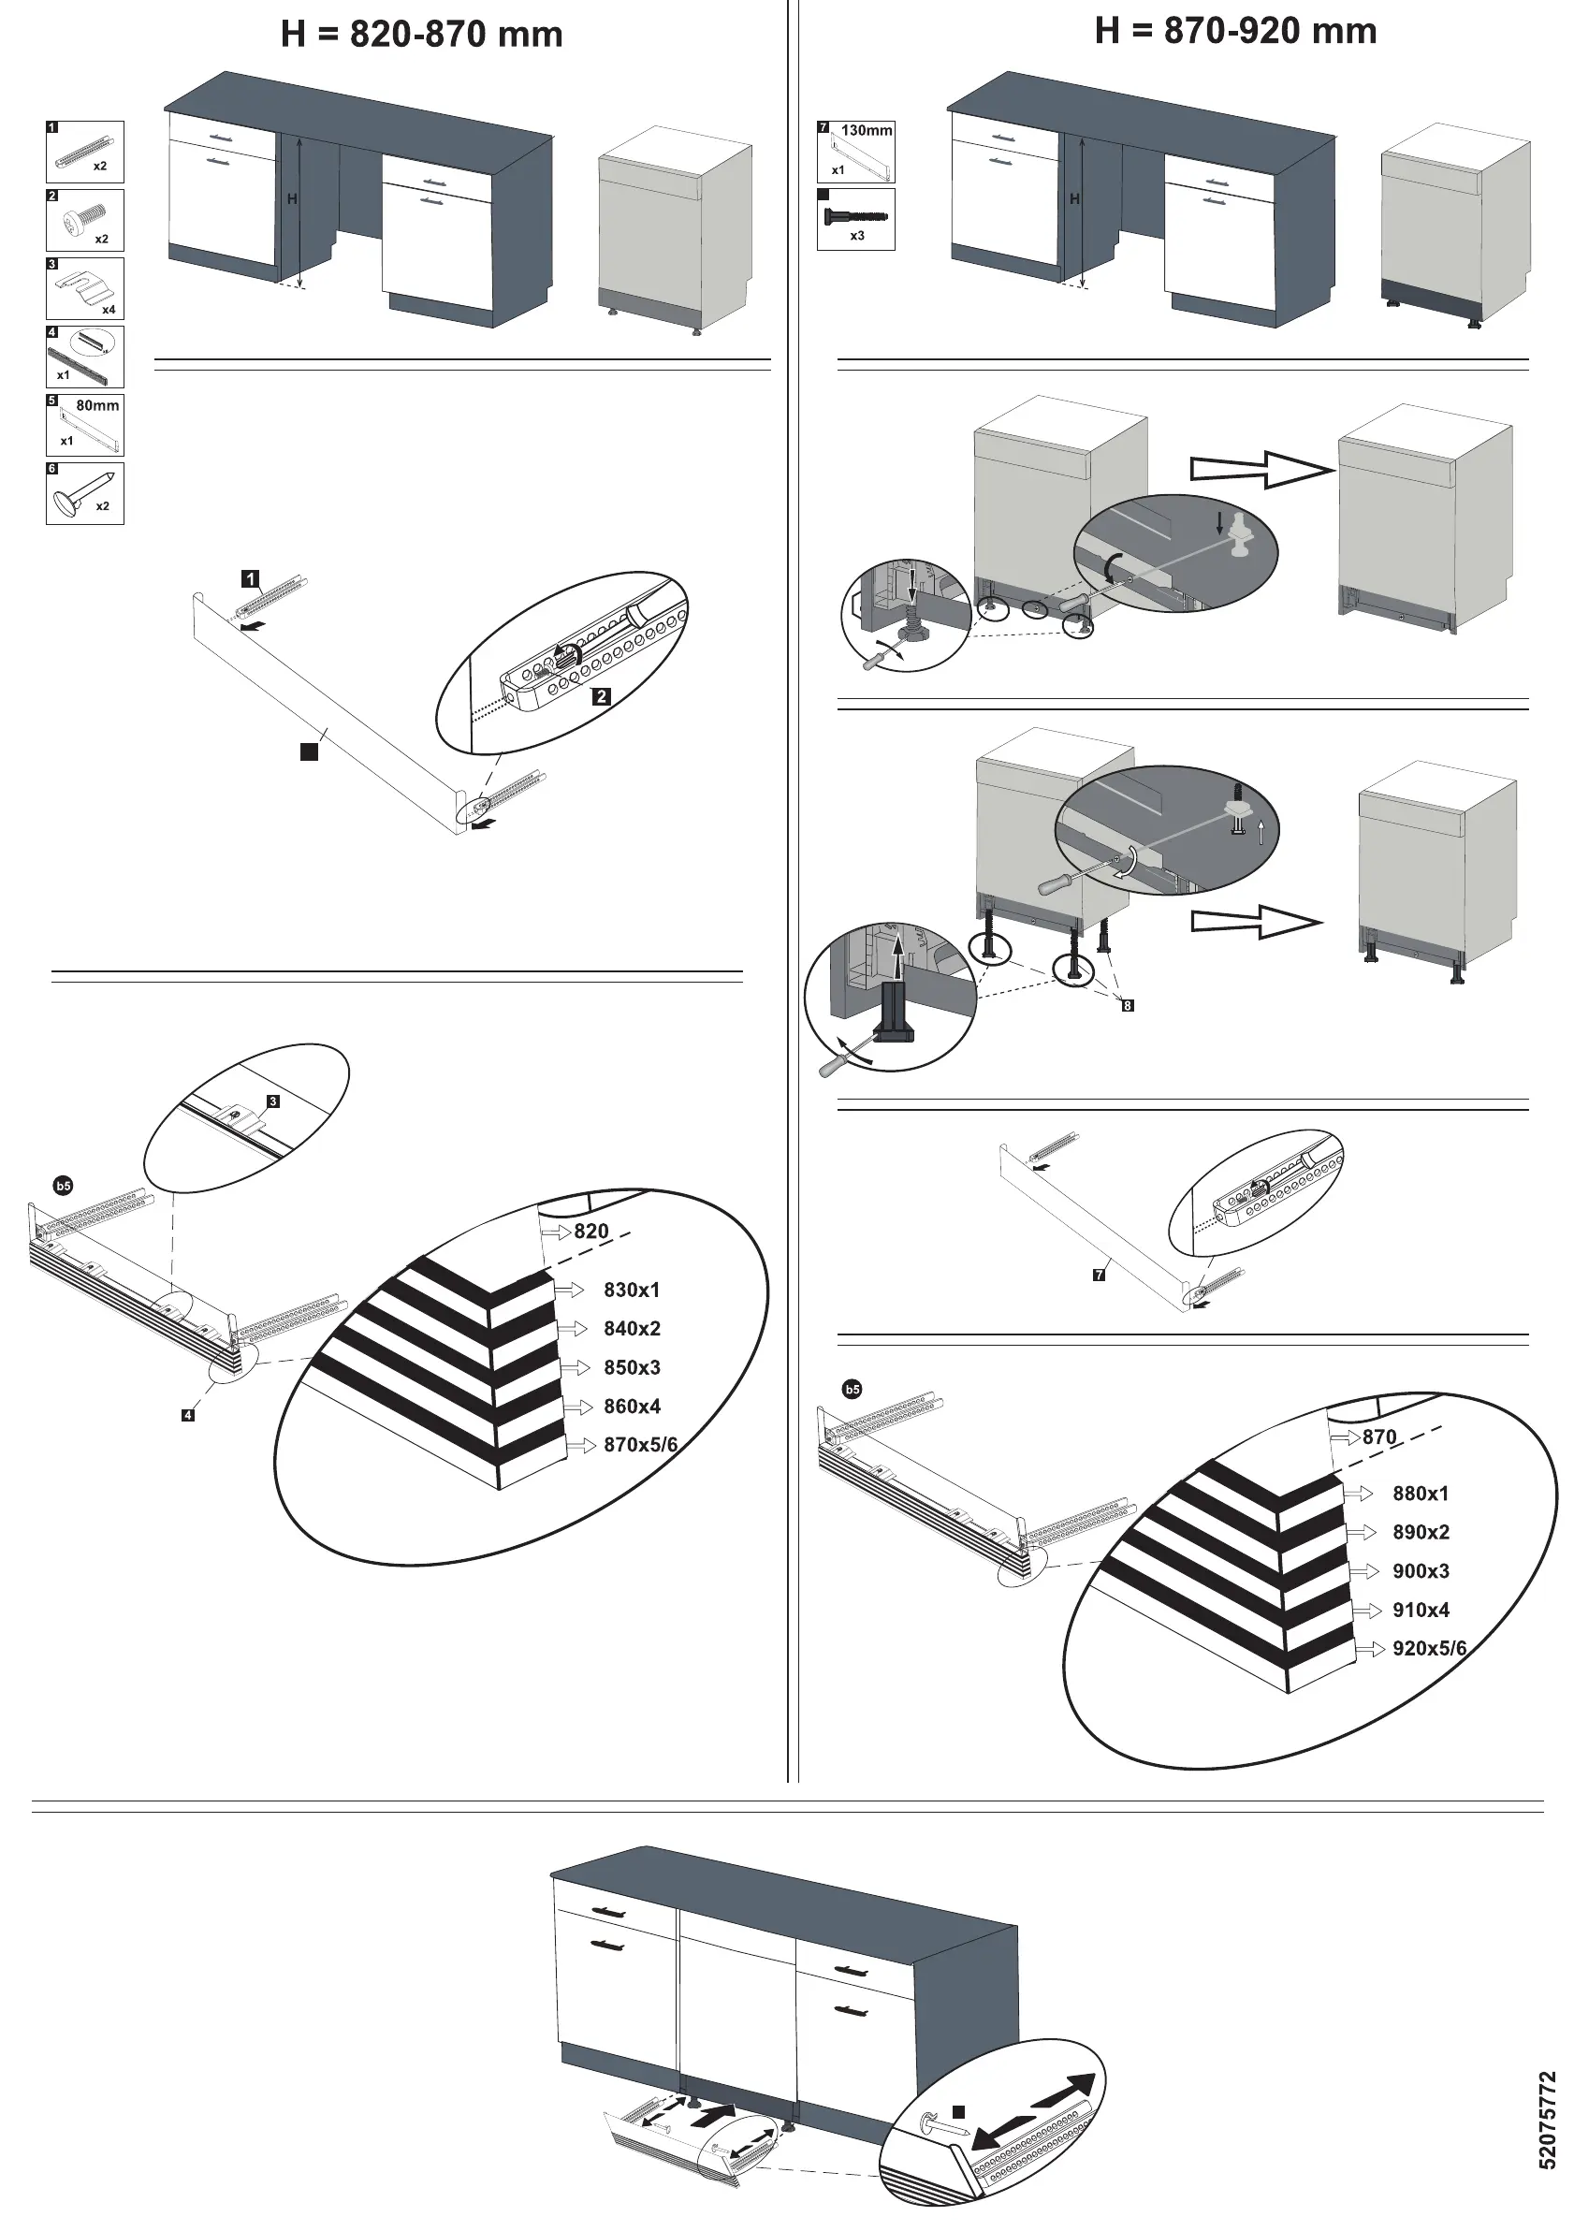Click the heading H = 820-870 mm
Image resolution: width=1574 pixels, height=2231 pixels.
(x=422, y=35)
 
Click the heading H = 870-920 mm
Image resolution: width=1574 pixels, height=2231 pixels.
(x=1235, y=31)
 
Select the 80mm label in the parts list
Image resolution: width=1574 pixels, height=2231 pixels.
(x=97, y=405)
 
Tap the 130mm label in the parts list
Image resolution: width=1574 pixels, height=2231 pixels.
(x=866, y=130)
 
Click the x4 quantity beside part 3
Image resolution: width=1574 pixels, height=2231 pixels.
(x=109, y=310)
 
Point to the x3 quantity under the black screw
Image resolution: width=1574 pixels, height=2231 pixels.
(x=857, y=236)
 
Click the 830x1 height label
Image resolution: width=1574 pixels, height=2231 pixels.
(x=632, y=1290)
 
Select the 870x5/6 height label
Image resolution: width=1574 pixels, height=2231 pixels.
(x=639, y=1445)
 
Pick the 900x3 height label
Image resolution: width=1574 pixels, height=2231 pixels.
(x=1421, y=1571)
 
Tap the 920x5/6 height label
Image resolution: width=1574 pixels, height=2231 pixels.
(x=1428, y=1649)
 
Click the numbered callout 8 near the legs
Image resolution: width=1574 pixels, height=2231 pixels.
(x=1127, y=1006)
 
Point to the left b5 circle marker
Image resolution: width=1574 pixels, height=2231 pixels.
(x=63, y=1186)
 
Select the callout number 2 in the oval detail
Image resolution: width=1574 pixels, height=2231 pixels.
(x=602, y=695)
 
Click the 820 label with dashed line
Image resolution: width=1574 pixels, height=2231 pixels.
(x=590, y=1232)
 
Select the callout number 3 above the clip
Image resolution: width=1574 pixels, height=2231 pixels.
(x=273, y=1101)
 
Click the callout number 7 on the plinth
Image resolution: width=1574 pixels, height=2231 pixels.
(x=1099, y=1275)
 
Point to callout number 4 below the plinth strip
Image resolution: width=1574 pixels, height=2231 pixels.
(x=187, y=1415)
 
